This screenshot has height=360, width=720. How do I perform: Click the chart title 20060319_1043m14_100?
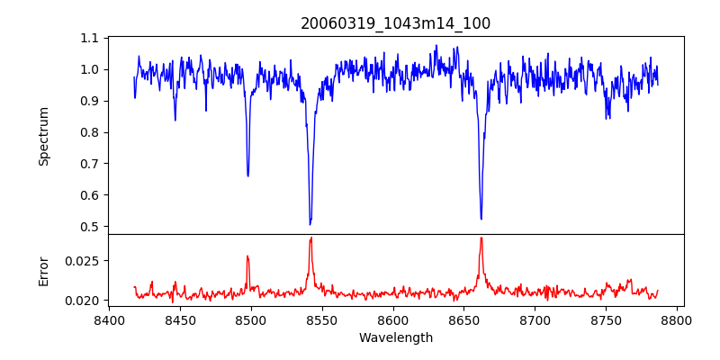coord(395,23)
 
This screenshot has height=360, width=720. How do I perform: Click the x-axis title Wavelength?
coord(395,337)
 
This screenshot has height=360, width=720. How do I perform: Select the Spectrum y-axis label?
coord(44,136)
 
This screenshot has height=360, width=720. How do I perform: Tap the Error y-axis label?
coord(44,271)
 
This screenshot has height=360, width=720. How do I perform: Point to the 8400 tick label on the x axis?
coord(109,319)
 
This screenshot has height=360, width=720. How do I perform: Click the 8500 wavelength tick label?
coord(251,319)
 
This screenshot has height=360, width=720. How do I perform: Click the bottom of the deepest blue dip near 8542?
coord(310,224)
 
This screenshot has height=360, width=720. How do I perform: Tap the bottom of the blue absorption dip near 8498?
coord(247,175)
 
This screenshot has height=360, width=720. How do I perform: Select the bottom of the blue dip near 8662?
coord(481,219)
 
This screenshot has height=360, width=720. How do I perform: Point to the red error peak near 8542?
coord(310,238)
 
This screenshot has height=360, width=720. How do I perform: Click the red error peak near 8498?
coord(247,256)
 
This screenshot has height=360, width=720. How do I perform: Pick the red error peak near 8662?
coord(481,238)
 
